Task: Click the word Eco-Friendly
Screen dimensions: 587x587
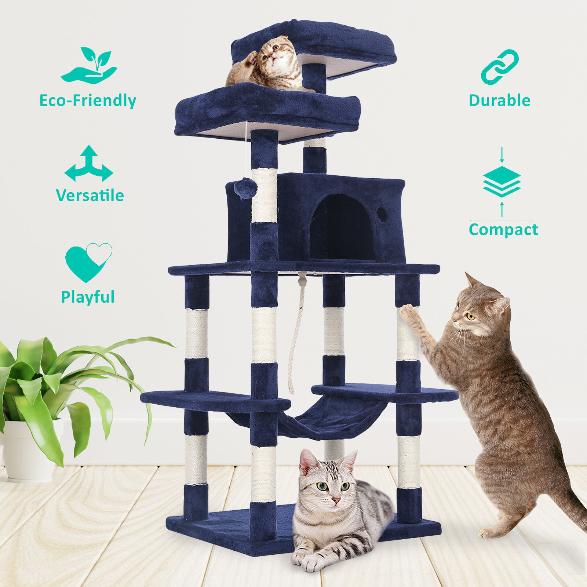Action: pos(88,101)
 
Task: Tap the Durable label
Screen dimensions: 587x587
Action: pos(499,101)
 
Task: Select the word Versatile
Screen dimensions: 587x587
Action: pos(90,195)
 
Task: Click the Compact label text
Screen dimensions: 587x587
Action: pos(503,230)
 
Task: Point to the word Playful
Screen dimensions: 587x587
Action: pos(88,297)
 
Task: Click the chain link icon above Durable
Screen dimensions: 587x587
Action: pos(499,67)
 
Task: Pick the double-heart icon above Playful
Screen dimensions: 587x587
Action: pos(88,262)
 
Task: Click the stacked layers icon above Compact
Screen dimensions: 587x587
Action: pos(502,182)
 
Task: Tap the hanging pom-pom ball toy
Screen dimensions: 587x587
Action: pos(245,188)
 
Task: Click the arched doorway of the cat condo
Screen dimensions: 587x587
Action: pos(342,228)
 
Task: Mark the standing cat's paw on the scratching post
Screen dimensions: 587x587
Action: pos(406,311)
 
